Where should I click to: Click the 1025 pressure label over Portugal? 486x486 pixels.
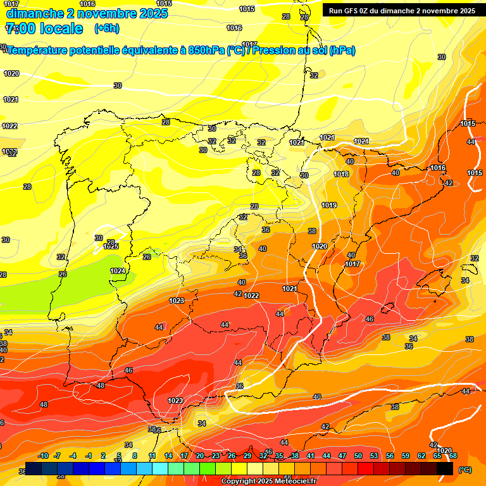(x=111, y=246)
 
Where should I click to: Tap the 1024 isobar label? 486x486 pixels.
(x=117, y=271)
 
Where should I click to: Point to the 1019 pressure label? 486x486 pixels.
(x=328, y=205)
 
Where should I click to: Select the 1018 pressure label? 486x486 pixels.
(x=341, y=174)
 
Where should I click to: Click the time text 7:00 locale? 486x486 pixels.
(x=44, y=28)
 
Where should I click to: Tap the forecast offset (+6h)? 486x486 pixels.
(x=107, y=28)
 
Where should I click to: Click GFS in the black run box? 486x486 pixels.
(x=353, y=10)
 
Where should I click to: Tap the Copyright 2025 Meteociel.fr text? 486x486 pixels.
(x=268, y=482)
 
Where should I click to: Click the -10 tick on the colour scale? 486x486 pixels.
(x=43, y=456)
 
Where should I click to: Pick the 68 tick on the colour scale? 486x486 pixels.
(x=453, y=456)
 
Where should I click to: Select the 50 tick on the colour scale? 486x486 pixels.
(x=358, y=456)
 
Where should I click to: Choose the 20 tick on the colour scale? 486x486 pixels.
(x=200, y=456)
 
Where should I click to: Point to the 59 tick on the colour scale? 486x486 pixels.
(x=406, y=456)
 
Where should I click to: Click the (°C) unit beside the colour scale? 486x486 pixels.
(x=464, y=469)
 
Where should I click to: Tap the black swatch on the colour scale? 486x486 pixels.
(x=445, y=469)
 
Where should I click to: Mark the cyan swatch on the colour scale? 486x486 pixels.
(x=160, y=469)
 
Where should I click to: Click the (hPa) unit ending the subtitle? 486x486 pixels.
(x=342, y=51)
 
